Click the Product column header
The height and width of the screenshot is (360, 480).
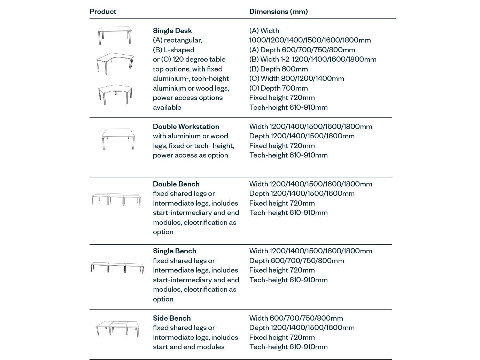tap(103, 12)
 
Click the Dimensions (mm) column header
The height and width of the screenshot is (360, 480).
tap(278, 12)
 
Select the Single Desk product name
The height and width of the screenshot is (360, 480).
tap(172, 31)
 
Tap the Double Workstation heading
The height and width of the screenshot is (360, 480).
tap(186, 127)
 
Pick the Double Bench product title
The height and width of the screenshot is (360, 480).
tap(176, 184)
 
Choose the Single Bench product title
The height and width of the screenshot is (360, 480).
tap(175, 251)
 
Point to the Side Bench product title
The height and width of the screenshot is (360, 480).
tap(172, 318)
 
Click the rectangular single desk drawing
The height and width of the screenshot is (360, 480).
tap(115, 35)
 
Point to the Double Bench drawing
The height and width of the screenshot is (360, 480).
tap(116, 200)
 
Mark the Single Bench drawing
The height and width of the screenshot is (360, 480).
tap(117, 268)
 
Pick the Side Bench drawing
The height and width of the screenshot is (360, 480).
tap(118, 329)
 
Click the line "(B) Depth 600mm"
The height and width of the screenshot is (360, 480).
tap(278, 69)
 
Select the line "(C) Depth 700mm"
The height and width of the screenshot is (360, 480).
tap(278, 88)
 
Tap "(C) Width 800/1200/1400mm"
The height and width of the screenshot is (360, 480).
tap(296, 78)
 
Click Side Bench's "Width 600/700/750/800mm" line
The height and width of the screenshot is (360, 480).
tap(296, 318)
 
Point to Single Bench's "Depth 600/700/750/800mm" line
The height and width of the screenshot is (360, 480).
tap(296, 261)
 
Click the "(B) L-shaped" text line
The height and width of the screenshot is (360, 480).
tap(173, 50)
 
